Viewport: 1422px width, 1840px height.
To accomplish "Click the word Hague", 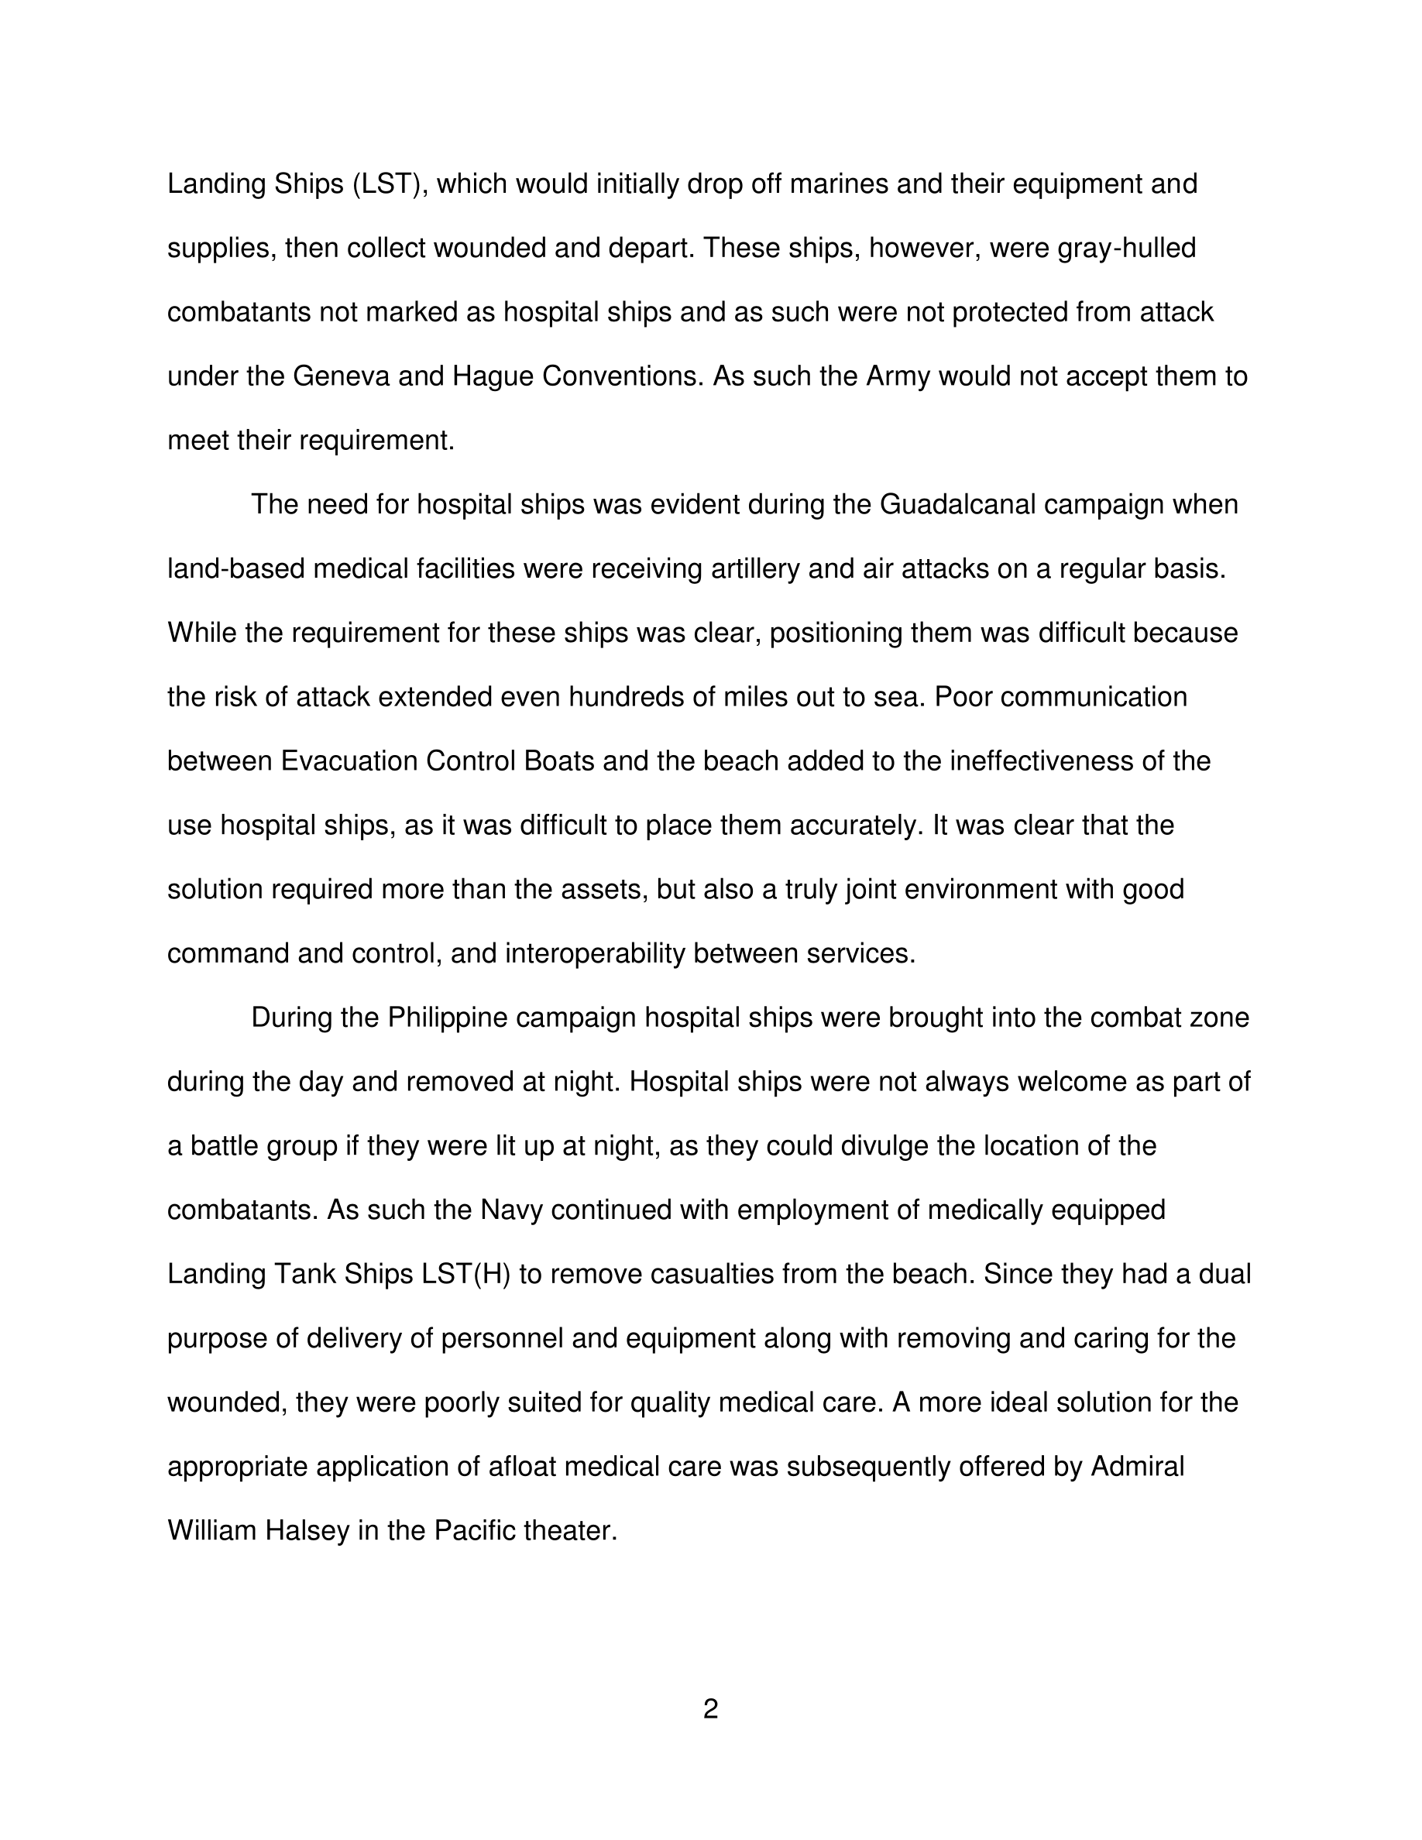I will pyautogui.click(x=493, y=376).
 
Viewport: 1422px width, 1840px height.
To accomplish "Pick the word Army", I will pyautogui.click(x=898, y=376).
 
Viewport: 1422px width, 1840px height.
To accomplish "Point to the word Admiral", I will pyautogui.click(x=1137, y=1467).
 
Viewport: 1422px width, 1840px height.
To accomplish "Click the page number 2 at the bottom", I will pyautogui.click(x=710, y=1709).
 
